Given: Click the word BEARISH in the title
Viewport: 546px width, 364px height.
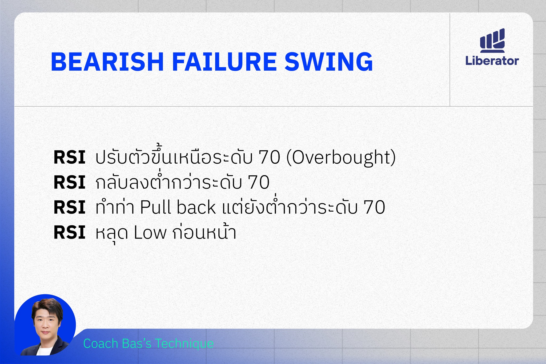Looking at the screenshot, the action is click(x=107, y=62).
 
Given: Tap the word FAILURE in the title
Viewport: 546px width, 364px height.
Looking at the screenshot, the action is click(x=224, y=62).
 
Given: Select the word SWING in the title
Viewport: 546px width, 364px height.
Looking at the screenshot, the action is click(x=329, y=62).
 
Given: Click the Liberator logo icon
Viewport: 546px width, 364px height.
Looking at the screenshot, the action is click(x=492, y=40).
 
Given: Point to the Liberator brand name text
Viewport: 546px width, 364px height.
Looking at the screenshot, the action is click(x=492, y=61).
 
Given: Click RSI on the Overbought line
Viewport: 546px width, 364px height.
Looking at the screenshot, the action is click(x=69, y=157).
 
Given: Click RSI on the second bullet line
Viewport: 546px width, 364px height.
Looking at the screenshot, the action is click(x=69, y=183).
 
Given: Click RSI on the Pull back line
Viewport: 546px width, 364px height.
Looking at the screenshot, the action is click(x=69, y=208).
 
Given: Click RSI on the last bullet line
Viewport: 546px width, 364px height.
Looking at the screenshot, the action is click(x=69, y=233).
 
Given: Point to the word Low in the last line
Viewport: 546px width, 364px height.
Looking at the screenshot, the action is click(x=150, y=233).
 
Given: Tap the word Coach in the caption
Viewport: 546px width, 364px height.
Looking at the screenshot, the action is click(x=101, y=343).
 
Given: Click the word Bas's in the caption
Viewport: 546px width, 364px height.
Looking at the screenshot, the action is click(x=136, y=343).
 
